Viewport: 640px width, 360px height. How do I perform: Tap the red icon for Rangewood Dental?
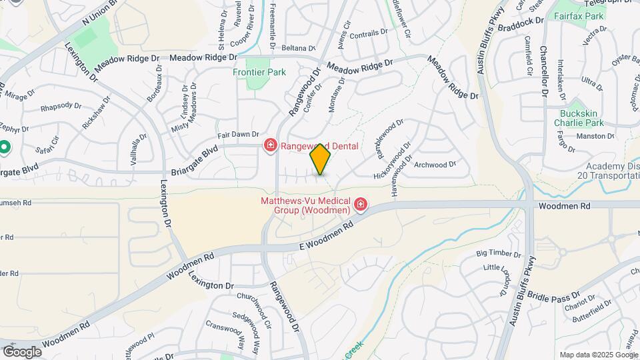coord(271,145)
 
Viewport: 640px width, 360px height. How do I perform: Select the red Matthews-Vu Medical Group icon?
coord(361,204)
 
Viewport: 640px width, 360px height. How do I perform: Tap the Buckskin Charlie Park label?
coord(578,117)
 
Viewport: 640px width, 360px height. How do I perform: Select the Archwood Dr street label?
coord(435,164)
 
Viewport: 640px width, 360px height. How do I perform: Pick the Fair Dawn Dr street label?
coord(237,134)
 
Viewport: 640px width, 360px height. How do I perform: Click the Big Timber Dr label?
coord(498,254)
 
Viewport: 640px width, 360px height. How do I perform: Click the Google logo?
coord(22,351)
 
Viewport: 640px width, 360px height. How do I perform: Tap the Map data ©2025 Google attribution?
coord(598,355)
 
